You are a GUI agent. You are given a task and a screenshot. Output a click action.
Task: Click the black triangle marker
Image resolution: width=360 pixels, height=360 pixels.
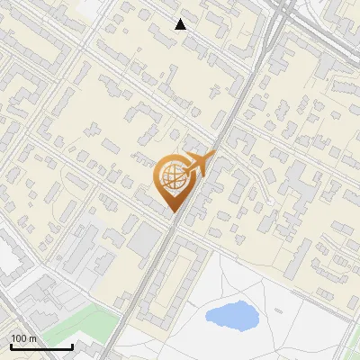(x=181, y=24)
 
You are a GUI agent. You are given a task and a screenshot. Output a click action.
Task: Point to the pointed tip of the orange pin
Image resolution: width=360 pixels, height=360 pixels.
(x=172, y=212)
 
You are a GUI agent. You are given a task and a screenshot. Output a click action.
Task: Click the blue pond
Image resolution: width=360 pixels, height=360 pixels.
(x=229, y=315)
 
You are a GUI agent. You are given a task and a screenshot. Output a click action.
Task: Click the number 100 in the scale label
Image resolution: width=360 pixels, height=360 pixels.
(x=19, y=338)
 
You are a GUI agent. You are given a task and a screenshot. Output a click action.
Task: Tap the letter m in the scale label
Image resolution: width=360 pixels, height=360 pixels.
(x=32, y=338)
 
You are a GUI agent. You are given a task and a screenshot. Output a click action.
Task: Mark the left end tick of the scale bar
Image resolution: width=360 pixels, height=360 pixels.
(x=10, y=346)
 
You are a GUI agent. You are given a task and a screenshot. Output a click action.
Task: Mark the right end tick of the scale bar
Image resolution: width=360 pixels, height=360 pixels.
(x=72, y=346)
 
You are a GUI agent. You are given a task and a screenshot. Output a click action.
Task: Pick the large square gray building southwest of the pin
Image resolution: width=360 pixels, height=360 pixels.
(x=144, y=239)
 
